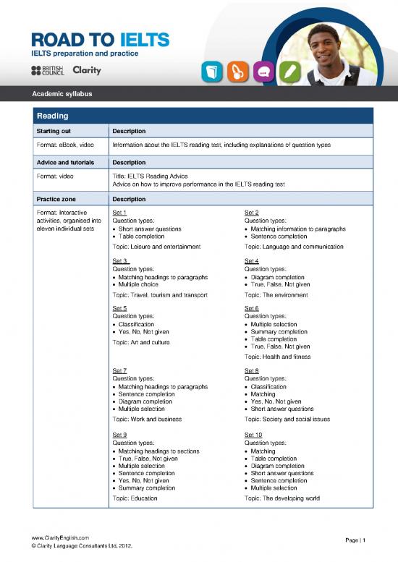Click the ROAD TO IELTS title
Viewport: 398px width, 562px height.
point(99,39)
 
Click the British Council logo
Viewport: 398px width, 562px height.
point(47,70)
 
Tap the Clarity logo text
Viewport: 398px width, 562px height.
point(87,70)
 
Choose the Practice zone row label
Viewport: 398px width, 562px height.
point(57,198)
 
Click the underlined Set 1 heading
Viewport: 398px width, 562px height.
point(120,213)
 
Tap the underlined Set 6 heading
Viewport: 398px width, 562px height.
point(252,309)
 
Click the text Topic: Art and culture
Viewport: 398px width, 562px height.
point(140,342)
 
